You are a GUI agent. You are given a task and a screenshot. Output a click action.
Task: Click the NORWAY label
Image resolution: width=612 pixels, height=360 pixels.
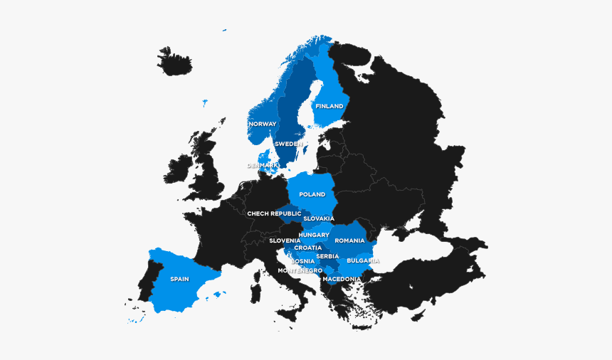coord(262,125)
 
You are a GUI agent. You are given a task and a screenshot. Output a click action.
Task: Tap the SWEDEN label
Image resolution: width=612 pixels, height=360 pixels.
coord(288,144)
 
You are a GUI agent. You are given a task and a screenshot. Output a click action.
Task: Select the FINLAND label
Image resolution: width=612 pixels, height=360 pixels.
coord(329,107)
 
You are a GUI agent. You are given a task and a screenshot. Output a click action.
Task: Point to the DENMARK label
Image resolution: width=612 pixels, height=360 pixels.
coord(263,166)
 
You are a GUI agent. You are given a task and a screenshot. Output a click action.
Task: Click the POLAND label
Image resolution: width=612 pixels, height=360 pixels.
coord(312,194)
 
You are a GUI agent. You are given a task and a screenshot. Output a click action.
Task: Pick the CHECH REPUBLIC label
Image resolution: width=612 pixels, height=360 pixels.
coord(274,213)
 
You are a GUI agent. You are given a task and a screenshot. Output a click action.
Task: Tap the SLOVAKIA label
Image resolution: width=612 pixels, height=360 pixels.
coord(318,219)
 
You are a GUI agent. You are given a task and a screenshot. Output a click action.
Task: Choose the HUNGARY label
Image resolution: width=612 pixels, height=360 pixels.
coord(314,235)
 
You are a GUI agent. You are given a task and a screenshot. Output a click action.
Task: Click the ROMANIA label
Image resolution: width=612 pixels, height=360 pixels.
coord(349,240)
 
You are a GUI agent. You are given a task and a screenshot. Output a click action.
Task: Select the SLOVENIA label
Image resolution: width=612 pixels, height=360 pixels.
coord(285,240)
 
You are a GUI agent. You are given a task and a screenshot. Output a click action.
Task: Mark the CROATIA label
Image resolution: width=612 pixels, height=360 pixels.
coord(307,248)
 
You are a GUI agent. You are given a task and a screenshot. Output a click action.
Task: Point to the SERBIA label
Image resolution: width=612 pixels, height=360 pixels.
coord(327,256)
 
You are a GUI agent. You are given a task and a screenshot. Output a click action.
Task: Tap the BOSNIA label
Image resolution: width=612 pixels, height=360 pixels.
coord(302,261)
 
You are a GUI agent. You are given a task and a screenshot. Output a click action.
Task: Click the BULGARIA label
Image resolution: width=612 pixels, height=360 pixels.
coord(363,261)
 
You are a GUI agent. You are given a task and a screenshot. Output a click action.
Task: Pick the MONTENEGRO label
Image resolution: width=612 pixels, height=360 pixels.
coord(300,270)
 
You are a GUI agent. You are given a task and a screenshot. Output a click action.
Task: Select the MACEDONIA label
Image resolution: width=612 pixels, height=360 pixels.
coord(342,279)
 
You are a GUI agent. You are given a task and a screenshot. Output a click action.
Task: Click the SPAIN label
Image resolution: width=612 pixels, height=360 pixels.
coord(179,279)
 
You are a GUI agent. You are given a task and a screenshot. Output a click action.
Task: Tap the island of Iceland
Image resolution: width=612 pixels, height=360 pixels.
coord(174,61)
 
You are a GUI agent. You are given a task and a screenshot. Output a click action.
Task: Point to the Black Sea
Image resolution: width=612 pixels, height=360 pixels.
coord(420,250)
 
